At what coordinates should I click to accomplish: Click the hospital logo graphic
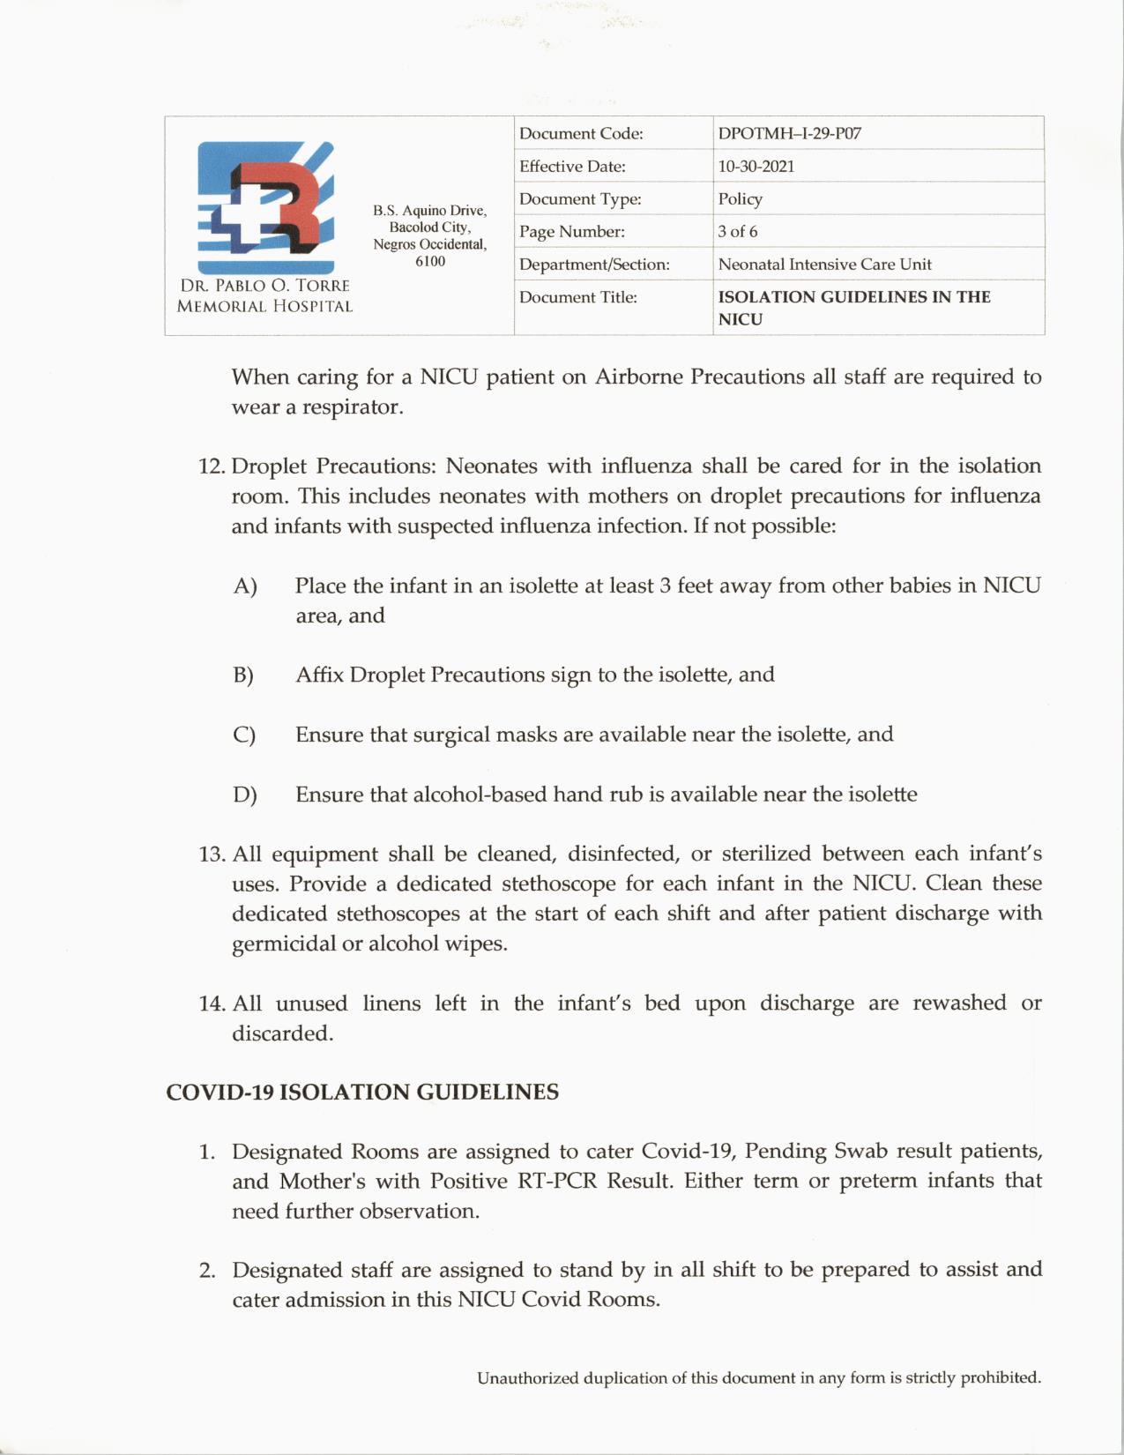pos(265,206)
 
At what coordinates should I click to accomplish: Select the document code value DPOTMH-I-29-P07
pos(789,134)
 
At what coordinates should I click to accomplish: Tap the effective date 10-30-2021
pos(756,167)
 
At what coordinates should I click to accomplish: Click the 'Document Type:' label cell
pos(579,199)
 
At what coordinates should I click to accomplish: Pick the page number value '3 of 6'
pos(737,232)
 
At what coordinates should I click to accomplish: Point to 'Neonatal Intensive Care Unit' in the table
pos(824,265)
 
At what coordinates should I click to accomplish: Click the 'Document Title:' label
pos(577,297)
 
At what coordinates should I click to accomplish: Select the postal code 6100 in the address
pos(430,262)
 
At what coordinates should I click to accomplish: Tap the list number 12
pos(212,466)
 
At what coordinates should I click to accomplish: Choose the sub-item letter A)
pos(245,586)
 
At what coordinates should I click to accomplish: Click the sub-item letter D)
pos(245,795)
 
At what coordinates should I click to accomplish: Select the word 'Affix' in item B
pos(319,675)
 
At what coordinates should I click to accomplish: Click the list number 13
pos(212,854)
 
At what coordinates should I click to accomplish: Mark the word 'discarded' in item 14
pos(281,1033)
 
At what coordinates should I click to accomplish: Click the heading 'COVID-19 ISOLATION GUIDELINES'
pos(362,1093)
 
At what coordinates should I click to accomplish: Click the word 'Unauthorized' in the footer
pos(527,1378)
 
